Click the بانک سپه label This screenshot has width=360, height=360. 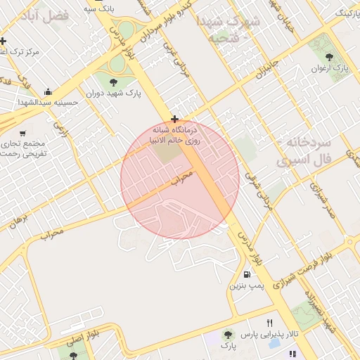click(99, 8)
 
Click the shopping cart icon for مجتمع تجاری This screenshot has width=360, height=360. click(23, 133)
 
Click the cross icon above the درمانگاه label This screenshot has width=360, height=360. click(174, 119)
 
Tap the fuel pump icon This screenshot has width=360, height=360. click(246, 274)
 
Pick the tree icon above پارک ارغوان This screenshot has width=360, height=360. click(329, 56)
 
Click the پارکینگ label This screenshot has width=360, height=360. click(344, 13)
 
